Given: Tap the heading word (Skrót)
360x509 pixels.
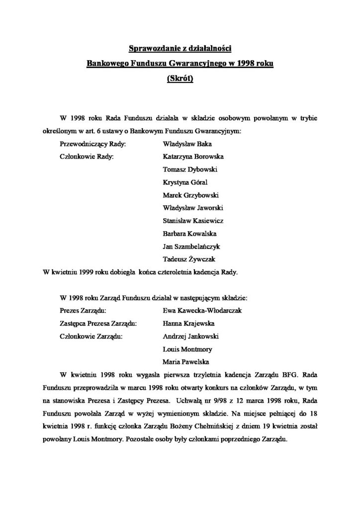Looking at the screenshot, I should point(180,78).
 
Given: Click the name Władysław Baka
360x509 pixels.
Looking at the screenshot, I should point(185,144).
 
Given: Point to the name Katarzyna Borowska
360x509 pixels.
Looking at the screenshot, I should point(193,157).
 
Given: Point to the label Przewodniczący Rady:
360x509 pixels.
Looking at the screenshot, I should point(93,144).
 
